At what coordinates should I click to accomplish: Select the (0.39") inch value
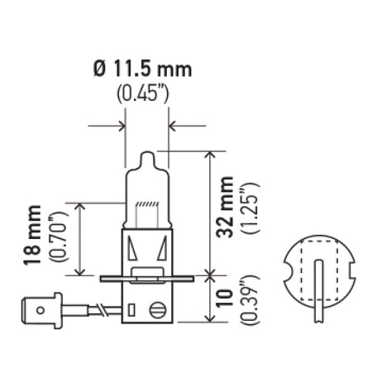coord(249,303)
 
